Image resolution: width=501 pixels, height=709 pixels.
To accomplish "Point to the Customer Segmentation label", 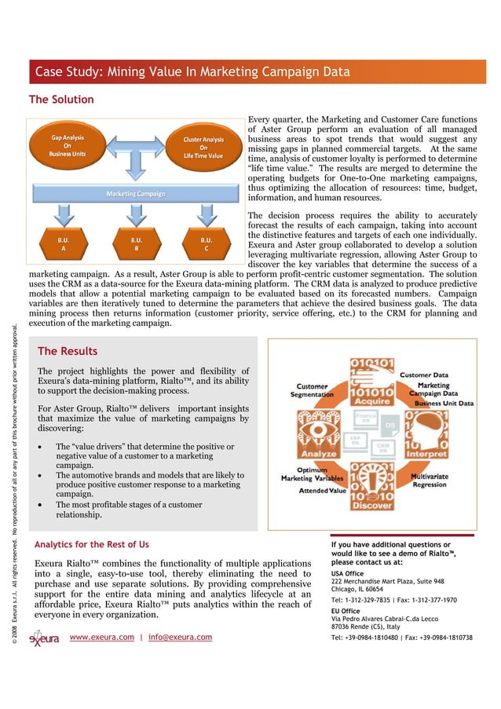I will [312, 390].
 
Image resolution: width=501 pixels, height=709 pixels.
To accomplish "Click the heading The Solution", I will [61, 100].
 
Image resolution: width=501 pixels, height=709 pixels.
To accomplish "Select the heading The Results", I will [68, 351].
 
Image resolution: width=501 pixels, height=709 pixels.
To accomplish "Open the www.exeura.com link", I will [101, 637].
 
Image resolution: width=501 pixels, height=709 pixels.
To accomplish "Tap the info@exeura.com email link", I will [180, 637].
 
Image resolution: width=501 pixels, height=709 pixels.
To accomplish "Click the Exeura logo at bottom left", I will [44, 638].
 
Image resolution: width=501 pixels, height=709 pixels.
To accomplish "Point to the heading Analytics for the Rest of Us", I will [93, 544].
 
